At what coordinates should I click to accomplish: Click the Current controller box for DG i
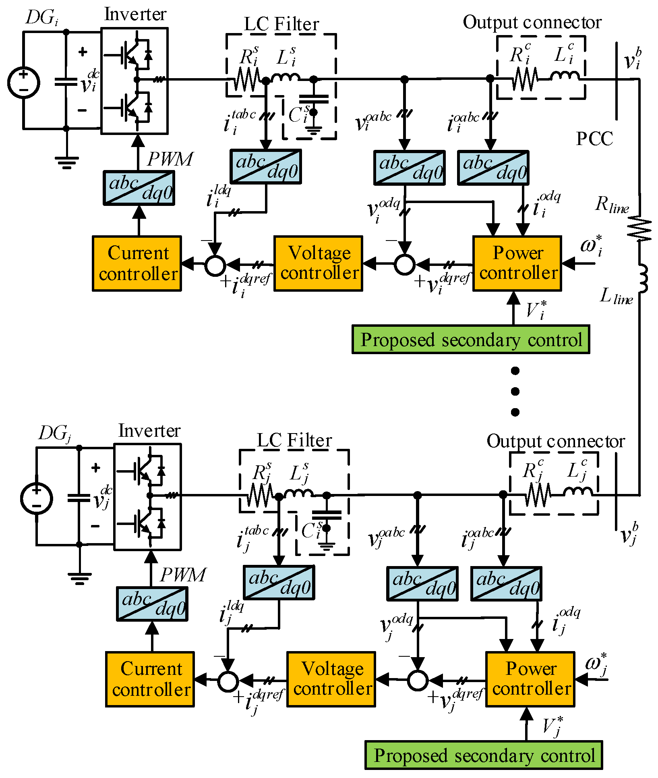137,263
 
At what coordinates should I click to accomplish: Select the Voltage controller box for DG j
331,679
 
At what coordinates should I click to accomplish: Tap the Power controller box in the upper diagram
517,263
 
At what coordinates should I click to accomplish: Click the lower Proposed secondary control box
484,755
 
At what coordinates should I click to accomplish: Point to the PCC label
594,139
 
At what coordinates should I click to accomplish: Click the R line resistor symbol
639,228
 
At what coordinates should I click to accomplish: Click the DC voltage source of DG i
23,83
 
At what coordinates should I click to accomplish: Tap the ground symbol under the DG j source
79,579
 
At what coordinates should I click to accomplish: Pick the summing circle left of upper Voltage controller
215,265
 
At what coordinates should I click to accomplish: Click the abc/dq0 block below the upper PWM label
139,188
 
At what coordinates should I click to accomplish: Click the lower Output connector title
556,441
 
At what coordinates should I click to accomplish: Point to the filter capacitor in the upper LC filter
314,99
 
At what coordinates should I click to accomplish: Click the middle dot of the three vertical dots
515,391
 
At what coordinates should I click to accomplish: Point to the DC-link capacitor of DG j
79,498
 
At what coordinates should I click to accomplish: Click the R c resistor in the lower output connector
538,494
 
